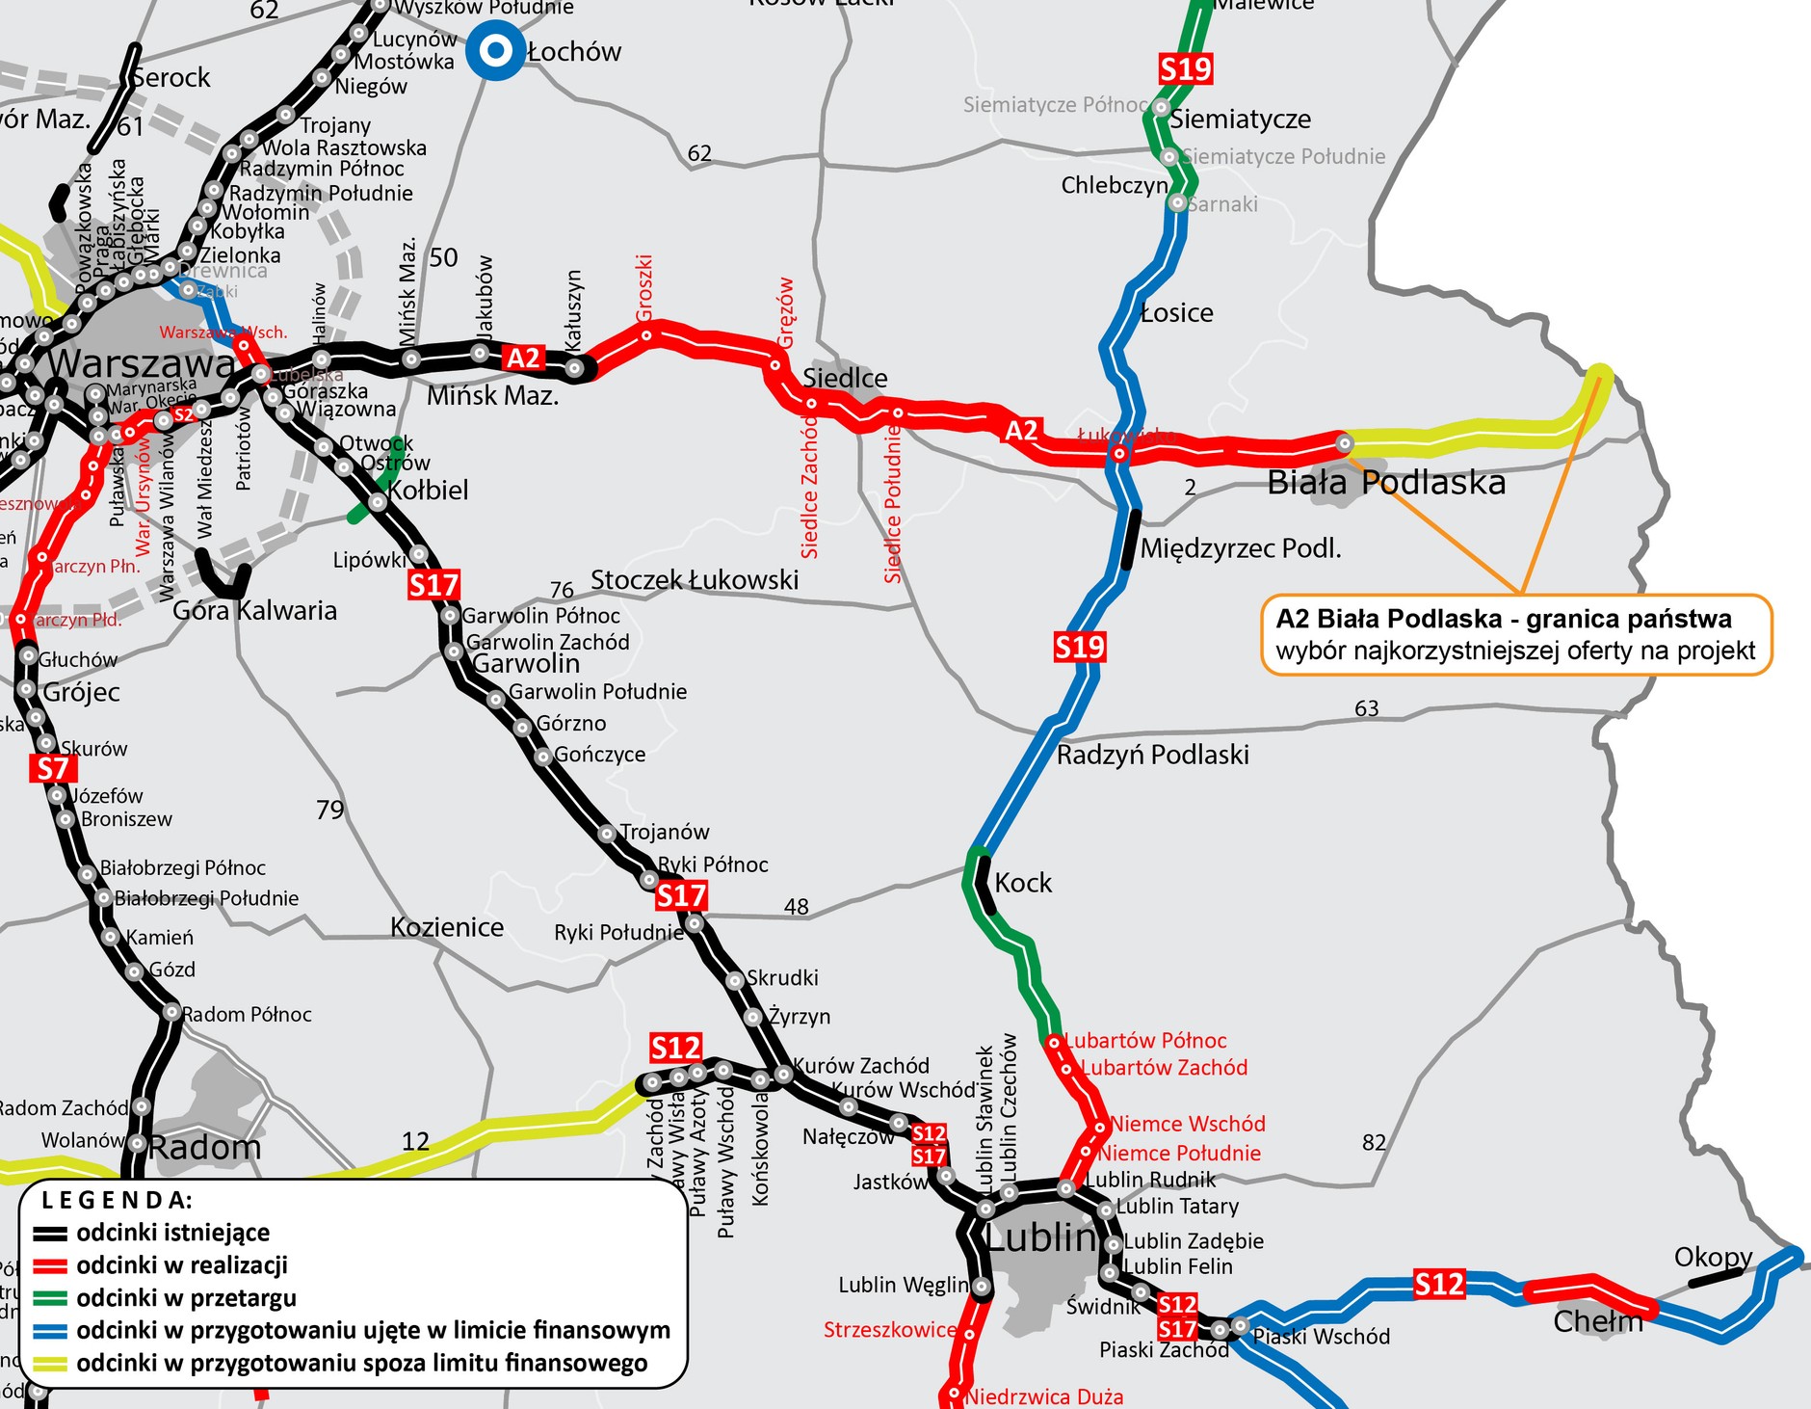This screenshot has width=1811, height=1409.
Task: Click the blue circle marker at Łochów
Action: [x=495, y=51]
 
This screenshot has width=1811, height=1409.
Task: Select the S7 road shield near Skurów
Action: [x=53, y=768]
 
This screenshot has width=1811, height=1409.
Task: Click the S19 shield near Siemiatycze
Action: [x=1185, y=69]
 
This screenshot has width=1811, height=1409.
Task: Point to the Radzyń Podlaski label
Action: [x=1152, y=755]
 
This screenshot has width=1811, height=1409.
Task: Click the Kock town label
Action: [x=1022, y=883]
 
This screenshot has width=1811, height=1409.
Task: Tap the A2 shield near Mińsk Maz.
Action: [x=523, y=359]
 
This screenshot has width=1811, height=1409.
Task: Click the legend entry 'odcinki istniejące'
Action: [x=172, y=1233]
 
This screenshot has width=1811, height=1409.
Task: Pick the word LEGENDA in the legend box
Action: [x=117, y=1200]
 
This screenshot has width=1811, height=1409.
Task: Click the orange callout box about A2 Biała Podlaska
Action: [x=1515, y=634]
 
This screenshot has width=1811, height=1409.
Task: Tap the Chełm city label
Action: [x=1597, y=1320]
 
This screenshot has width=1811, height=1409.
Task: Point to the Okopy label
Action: [x=1712, y=1257]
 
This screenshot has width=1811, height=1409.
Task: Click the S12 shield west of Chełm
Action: [x=1438, y=1284]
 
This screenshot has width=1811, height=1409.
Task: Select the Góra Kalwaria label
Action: [x=254, y=611]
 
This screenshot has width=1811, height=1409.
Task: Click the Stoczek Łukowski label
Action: [x=694, y=580]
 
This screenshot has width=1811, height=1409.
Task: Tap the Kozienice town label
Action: [x=447, y=927]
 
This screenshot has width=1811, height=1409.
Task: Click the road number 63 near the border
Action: [x=1366, y=708]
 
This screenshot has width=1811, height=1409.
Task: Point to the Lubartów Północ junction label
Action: [x=1145, y=1041]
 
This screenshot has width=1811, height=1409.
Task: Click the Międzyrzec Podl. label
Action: [x=1240, y=549]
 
